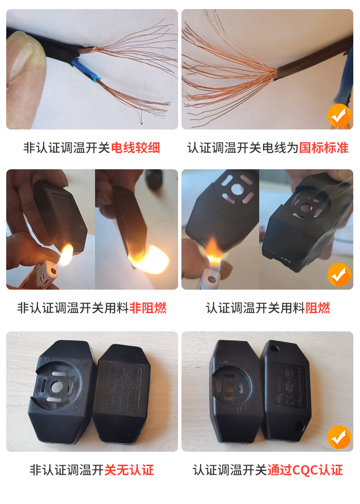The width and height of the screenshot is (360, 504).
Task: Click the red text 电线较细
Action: coord(135,148)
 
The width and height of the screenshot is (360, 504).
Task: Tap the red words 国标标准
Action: coord(324,148)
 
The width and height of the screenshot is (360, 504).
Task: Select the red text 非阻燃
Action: coord(148,307)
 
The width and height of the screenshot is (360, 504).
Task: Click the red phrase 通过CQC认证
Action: coord(305,470)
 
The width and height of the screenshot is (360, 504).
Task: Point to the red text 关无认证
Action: coord(129,470)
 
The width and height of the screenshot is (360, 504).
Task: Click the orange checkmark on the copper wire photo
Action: coord(339,116)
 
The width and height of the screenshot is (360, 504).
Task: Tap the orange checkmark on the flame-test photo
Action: coord(339,275)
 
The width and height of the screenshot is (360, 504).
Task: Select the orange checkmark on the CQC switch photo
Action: coord(339,437)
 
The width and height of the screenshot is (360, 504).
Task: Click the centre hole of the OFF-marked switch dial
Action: coord(57,386)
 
